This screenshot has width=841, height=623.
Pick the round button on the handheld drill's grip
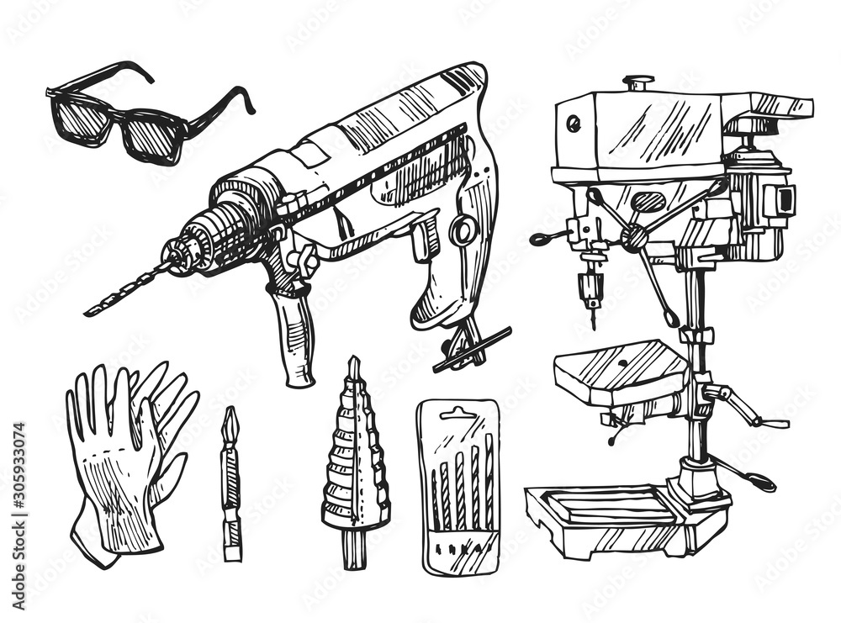point(462,230)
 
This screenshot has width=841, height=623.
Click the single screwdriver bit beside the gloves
point(230,483)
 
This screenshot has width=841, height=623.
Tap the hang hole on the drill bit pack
point(458,412)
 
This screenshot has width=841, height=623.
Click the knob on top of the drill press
point(637,82)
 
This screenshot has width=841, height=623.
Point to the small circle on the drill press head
point(574,124)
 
